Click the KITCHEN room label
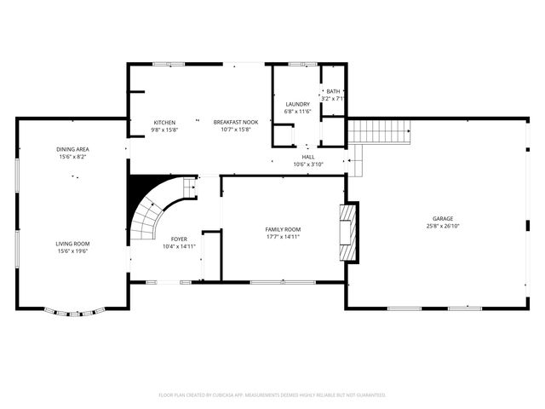pos(164,122)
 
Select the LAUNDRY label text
pos(297,104)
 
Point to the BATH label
pos(332,91)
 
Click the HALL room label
pos(307,157)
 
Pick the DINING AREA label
pos(73,149)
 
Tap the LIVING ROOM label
pos(72,244)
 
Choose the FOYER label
pos(179,239)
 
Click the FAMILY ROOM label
pos(283,228)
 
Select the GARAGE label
pos(441,219)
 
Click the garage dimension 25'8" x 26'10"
pos(441,227)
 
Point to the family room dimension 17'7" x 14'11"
pos(283,236)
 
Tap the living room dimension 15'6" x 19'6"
pos(72,251)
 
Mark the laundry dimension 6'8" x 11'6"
pos(297,112)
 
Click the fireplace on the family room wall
pos(347,230)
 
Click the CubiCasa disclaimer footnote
pos(272,395)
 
